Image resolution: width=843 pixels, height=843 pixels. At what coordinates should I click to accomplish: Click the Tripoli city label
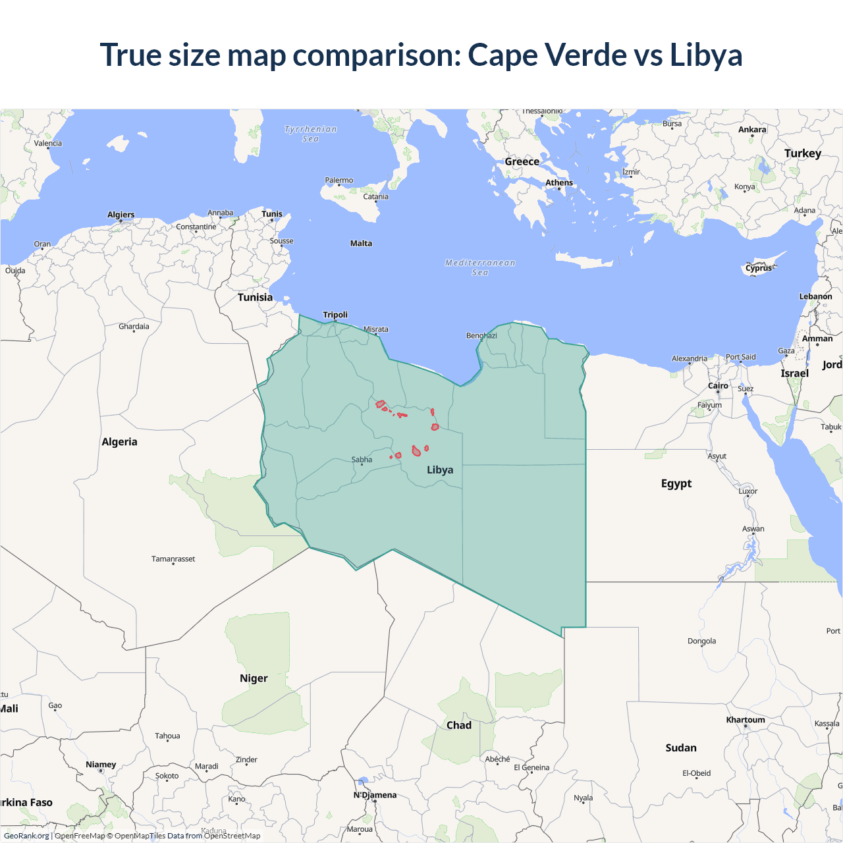[335, 315]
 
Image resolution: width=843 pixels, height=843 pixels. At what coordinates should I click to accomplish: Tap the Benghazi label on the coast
[481, 336]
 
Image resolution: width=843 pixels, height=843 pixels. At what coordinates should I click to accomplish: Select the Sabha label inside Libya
[362, 460]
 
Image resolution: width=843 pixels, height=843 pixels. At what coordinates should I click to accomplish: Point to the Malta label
[361, 244]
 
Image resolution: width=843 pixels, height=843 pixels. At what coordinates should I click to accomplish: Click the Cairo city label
[718, 386]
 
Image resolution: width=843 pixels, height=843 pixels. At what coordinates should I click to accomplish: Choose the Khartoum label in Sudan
[746, 720]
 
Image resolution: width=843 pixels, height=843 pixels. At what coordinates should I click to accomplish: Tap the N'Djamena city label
[375, 795]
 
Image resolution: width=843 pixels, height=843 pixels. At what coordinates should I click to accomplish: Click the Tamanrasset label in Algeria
[173, 559]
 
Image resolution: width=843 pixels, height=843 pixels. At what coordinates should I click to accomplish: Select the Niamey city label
[101, 765]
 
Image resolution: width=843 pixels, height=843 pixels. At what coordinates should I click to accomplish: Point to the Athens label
[559, 183]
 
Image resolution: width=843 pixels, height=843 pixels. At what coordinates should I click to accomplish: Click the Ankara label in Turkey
[752, 130]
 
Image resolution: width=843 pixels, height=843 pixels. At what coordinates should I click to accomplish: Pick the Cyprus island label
[759, 269]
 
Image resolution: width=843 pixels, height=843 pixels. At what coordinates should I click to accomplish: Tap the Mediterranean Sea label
[480, 267]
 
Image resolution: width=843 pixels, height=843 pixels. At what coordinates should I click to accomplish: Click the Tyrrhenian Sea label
[311, 134]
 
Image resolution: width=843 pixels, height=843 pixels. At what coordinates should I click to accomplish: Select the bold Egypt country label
[676, 483]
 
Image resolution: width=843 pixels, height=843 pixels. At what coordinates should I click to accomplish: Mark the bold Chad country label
[459, 725]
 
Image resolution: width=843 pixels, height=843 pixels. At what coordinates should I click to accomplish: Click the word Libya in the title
[706, 55]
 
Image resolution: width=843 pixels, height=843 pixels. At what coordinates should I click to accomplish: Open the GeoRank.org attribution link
[26, 836]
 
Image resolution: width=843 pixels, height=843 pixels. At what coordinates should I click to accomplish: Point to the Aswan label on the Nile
[753, 529]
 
